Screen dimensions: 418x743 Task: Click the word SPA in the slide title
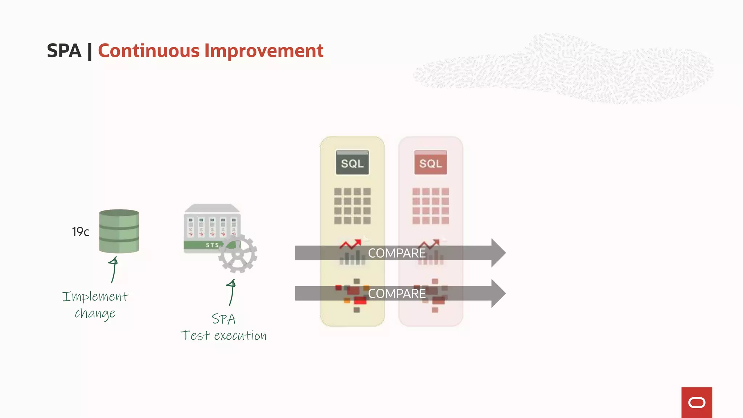[64, 51]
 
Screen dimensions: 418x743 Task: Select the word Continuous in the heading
[148, 51]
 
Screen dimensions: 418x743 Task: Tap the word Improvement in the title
[264, 51]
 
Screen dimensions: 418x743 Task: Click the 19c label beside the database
[80, 231]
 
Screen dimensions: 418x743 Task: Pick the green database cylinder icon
[119, 231]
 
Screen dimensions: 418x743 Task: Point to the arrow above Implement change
[114, 270]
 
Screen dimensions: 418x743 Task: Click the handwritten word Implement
[95, 297]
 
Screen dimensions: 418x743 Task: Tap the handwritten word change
[95, 313]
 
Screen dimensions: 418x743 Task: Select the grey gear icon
[238, 254]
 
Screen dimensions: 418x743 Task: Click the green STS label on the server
[212, 245]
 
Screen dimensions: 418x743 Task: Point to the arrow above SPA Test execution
[231, 292]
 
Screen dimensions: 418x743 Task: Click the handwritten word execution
[240, 336]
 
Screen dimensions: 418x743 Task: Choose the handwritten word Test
[195, 336]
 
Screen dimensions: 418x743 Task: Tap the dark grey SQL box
[352, 163]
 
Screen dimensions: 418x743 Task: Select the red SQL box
[431, 163]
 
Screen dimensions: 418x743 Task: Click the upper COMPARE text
[397, 253]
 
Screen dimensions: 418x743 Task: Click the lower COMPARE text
[397, 294]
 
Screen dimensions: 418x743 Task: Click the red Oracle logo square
[697, 402]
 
